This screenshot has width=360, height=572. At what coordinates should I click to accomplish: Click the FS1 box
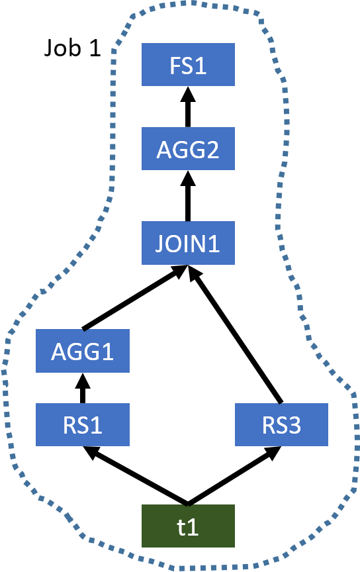click(x=188, y=65)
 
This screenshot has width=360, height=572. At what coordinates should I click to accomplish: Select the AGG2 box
click(x=188, y=148)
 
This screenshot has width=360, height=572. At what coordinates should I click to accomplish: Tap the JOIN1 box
click(x=188, y=242)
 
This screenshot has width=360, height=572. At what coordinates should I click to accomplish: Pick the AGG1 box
click(x=83, y=351)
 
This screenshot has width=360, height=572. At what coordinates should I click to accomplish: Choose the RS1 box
click(x=83, y=424)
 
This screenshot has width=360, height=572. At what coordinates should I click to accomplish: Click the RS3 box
click(x=281, y=424)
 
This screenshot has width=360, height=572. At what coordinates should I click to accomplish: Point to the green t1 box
click(x=188, y=526)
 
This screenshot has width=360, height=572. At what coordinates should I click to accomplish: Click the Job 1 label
click(x=72, y=48)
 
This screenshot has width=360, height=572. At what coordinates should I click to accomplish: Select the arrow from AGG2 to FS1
click(x=188, y=107)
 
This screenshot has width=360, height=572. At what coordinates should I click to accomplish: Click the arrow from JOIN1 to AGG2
click(x=188, y=195)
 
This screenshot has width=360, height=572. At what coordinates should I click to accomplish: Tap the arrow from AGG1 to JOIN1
click(x=135, y=298)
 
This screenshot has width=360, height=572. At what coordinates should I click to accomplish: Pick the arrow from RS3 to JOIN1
click(x=235, y=334)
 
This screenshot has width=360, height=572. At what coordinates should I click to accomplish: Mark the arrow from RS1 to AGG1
click(x=83, y=388)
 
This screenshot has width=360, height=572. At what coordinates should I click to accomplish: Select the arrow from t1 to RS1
click(x=135, y=475)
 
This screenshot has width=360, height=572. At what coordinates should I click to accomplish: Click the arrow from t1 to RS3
click(x=234, y=475)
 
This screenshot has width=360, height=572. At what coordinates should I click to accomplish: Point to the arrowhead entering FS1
click(x=188, y=94)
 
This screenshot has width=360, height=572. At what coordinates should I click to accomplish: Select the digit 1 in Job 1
click(x=95, y=48)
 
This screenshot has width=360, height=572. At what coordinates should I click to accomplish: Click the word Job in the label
click(x=62, y=48)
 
